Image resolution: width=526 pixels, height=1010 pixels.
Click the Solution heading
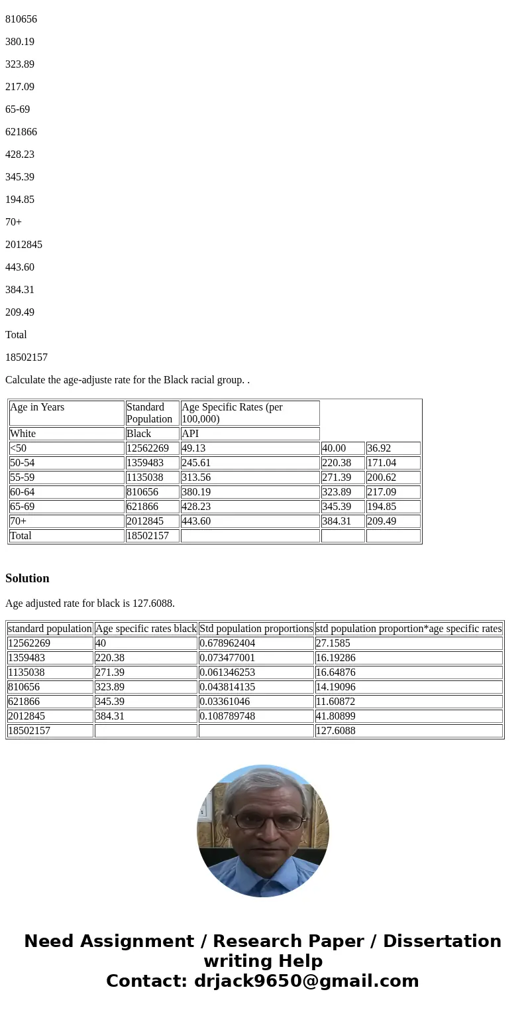point(27,578)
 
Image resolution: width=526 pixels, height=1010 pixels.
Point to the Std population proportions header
point(256,629)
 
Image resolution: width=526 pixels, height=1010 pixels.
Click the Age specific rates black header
point(146,629)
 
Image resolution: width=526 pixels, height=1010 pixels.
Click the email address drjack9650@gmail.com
point(306,981)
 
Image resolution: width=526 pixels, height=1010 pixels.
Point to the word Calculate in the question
point(26,380)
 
